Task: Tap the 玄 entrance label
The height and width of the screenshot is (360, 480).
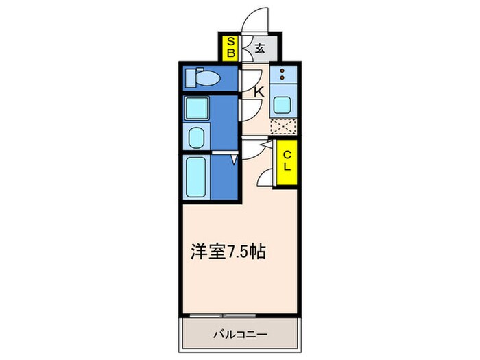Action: [x=261, y=49]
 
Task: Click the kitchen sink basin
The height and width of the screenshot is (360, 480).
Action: [x=283, y=105]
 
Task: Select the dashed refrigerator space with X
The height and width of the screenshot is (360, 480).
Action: [x=283, y=127]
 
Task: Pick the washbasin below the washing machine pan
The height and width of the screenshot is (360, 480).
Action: [x=197, y=137]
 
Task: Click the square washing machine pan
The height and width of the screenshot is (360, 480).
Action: [x=197, y=108]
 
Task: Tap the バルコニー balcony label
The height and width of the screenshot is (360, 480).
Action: [x=239, y=334]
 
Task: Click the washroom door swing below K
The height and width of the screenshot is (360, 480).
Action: [x=250, y=110]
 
